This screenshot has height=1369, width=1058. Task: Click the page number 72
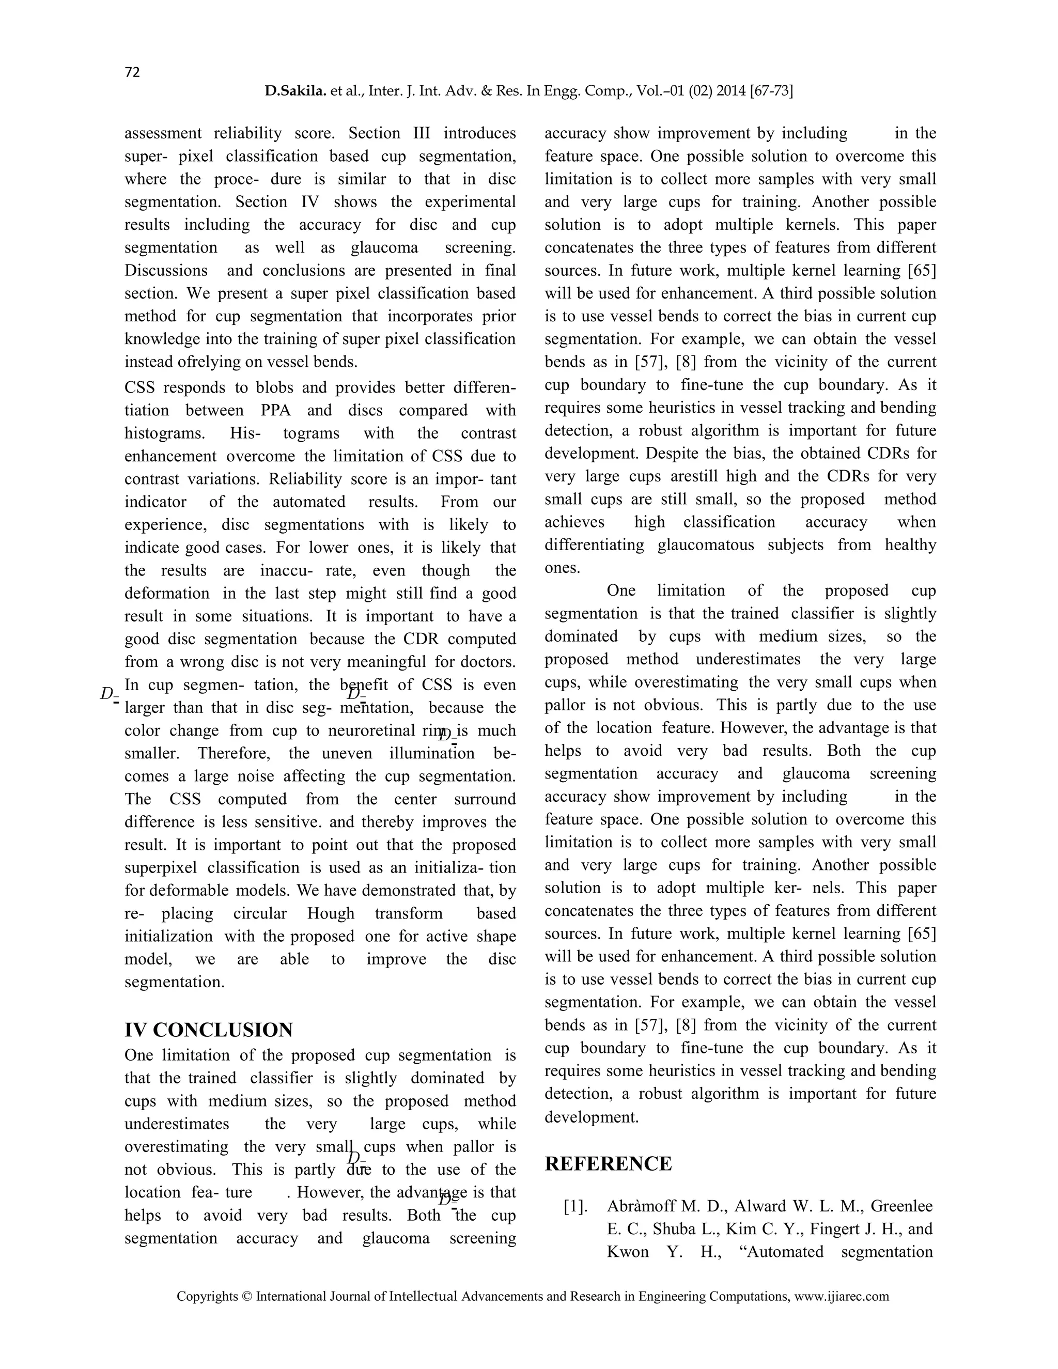tap(132, 72)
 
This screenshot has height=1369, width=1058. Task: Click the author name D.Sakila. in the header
tap(295, 91)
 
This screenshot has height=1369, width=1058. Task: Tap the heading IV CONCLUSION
tap(209, 1030)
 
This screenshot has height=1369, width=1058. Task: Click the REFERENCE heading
tap(608, 1163)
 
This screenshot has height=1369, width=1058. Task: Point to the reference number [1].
tap(575, 1206)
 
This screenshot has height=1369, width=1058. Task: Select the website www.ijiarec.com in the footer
tap(841, 1296)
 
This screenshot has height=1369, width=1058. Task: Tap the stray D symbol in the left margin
tap(107, 694)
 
